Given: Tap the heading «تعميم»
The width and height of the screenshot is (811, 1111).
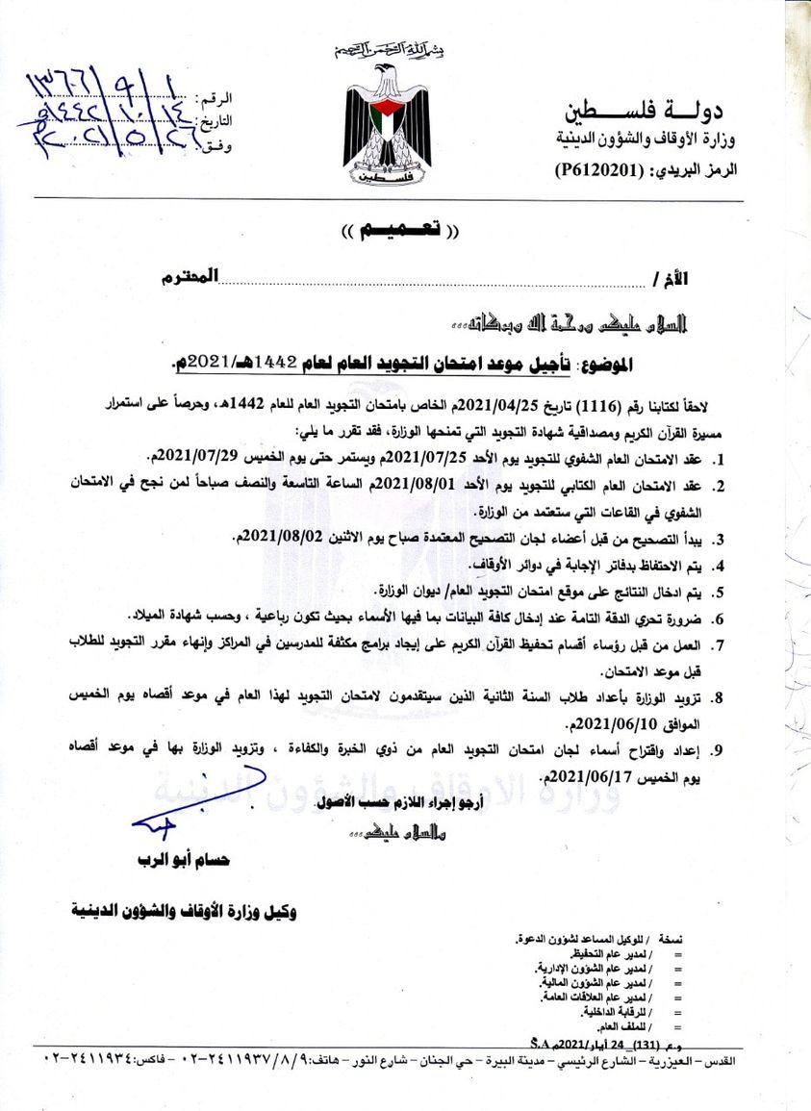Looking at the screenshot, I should click(402, 231).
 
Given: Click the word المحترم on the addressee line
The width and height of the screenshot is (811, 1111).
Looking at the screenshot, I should click(193, 277).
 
